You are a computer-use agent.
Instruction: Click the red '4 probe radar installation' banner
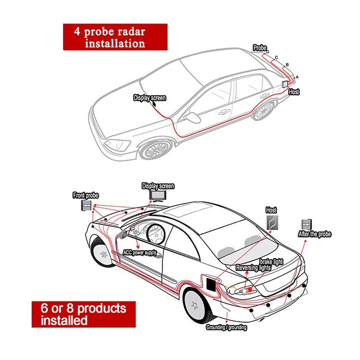coord(115,37)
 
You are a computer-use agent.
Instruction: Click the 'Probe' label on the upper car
coord(260,48)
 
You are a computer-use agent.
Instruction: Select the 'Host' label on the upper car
coord(294,92)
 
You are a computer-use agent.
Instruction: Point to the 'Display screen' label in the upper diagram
coord(150,98)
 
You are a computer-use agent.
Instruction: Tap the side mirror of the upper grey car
coord(192,118)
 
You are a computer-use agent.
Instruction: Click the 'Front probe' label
coord(85,195)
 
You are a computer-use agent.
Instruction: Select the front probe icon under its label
coord(86,206)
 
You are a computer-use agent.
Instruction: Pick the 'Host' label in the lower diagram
coord(271,210)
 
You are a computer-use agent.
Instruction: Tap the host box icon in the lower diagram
coord(272,222)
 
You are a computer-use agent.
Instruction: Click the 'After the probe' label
coord(314,234)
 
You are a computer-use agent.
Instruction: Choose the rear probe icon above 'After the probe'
coord(307,224)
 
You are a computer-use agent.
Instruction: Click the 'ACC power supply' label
coord(140,253)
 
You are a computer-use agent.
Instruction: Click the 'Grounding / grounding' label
coord(226,328)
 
